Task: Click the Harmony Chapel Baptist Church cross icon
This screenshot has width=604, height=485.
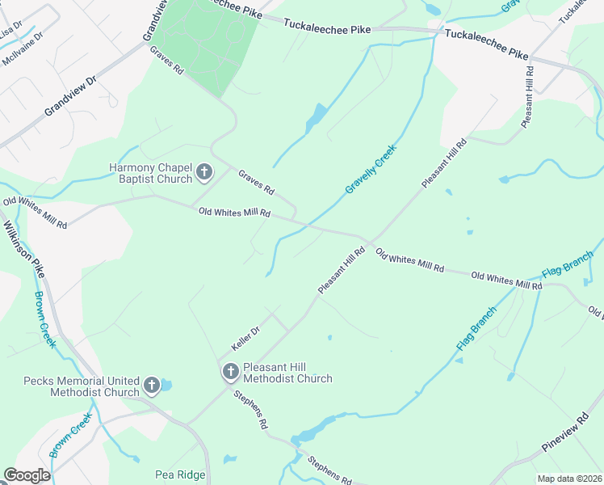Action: tap(204, 171)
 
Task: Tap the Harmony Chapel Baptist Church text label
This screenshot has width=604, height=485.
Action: tap(150, 173)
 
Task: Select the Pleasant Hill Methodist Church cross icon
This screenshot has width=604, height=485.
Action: tap(230, 372)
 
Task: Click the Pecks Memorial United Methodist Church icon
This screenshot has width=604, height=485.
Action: tap(152, 386)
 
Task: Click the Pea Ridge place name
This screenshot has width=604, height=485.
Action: tap(180, 474)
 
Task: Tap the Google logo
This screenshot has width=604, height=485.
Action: tap(27, 475)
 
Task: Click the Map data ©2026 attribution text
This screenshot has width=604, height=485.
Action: tap(569, 479)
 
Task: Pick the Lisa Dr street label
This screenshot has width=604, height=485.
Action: tap(11, 30)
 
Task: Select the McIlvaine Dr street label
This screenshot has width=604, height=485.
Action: tap(22, 50)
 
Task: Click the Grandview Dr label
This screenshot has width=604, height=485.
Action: tap(70, 96)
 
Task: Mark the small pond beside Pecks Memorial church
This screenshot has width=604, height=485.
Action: tap(166, 385)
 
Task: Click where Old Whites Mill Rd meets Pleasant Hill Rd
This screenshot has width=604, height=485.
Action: tap(370, 241)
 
